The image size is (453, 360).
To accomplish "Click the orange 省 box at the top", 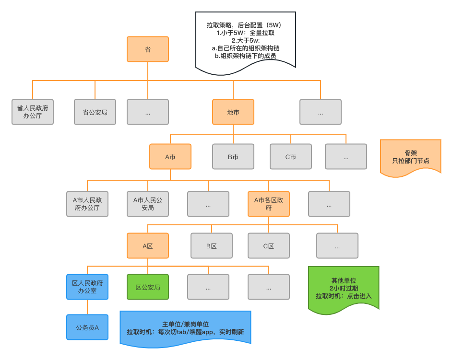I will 148,49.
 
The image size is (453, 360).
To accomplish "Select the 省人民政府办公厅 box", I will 33,112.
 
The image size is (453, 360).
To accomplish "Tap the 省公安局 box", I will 95,112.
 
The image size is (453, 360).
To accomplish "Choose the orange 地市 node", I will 233,112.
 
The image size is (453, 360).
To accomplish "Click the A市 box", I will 170,156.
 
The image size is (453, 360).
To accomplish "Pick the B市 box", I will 233,156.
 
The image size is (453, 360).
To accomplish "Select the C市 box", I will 291,156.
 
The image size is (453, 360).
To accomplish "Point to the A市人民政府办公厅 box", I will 87,204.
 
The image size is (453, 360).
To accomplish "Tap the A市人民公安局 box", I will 148,204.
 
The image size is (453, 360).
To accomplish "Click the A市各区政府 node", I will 269,204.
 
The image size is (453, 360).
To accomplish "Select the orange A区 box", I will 148,246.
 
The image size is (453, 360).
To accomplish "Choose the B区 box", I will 212,246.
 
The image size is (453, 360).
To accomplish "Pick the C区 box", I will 269,246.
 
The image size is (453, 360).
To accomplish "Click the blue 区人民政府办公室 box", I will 87,287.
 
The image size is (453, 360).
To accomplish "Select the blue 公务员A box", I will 87,327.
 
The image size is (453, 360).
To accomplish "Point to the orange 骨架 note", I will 410,157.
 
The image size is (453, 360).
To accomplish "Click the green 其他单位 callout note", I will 343,288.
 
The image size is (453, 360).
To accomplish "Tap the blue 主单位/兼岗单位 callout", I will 185,327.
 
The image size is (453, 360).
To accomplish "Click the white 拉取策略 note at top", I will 245,41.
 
